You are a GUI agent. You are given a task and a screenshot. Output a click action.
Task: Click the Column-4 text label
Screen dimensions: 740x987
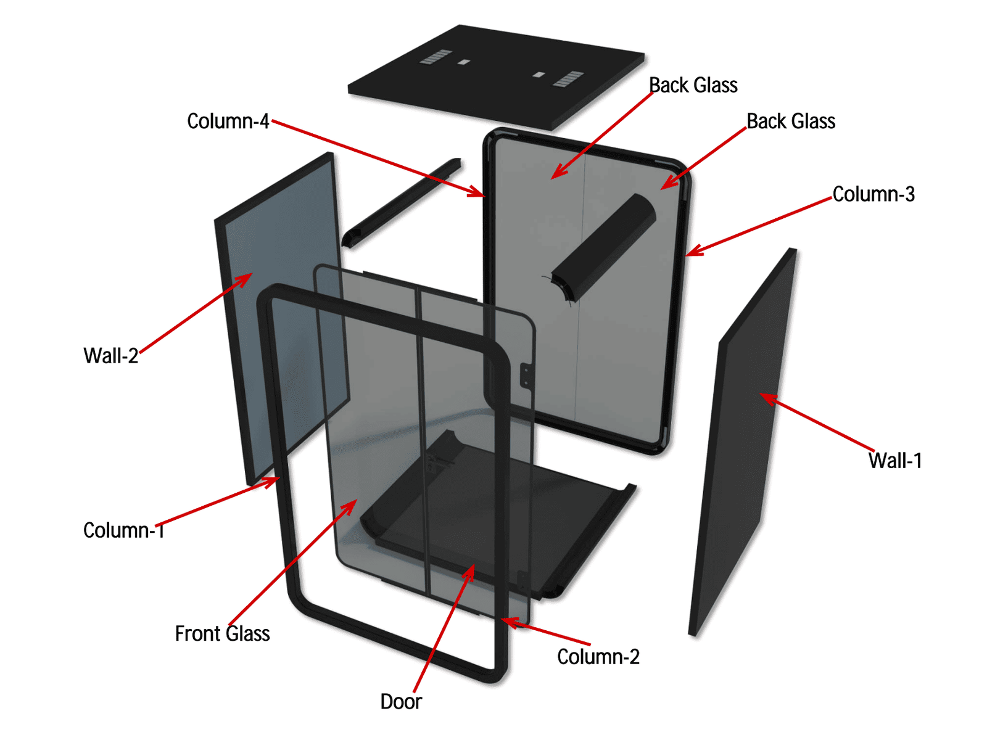(x=228, y=121)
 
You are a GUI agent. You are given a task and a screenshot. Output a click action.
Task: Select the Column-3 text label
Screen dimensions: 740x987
(x=873, y=194)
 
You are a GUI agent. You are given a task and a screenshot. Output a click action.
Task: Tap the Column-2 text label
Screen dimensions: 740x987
(x=598, y=657)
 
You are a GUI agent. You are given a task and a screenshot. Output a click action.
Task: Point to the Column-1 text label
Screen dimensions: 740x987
(x=123, y=530)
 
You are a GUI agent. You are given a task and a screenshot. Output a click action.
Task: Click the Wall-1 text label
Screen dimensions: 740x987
(x=895, y=461)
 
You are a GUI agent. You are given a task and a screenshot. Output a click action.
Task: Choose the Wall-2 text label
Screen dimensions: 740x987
(x=111, y=356)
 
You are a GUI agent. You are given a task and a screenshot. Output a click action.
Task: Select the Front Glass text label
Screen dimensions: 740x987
(x=222, y=634)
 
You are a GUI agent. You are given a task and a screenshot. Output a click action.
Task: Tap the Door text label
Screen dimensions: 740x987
(x=401, y=702)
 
